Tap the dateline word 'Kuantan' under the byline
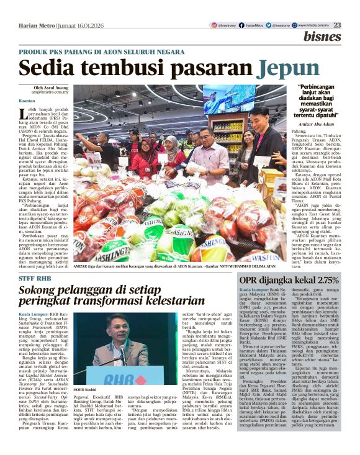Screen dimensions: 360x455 [x=27, y=100]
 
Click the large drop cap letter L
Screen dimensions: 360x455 [x=24, y=114]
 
